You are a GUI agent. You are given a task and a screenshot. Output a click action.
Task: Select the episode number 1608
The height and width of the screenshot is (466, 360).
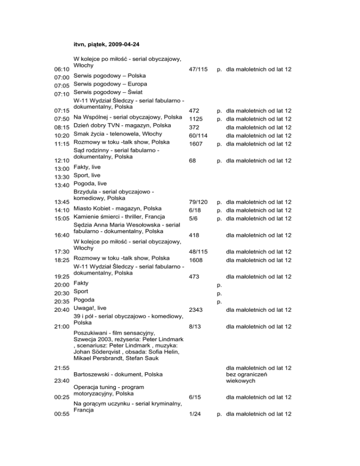coord(195,260)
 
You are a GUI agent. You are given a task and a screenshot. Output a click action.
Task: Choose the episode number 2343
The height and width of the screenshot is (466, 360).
coord(195,310)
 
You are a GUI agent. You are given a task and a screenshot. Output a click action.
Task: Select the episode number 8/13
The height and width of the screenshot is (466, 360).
coord(195,326)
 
